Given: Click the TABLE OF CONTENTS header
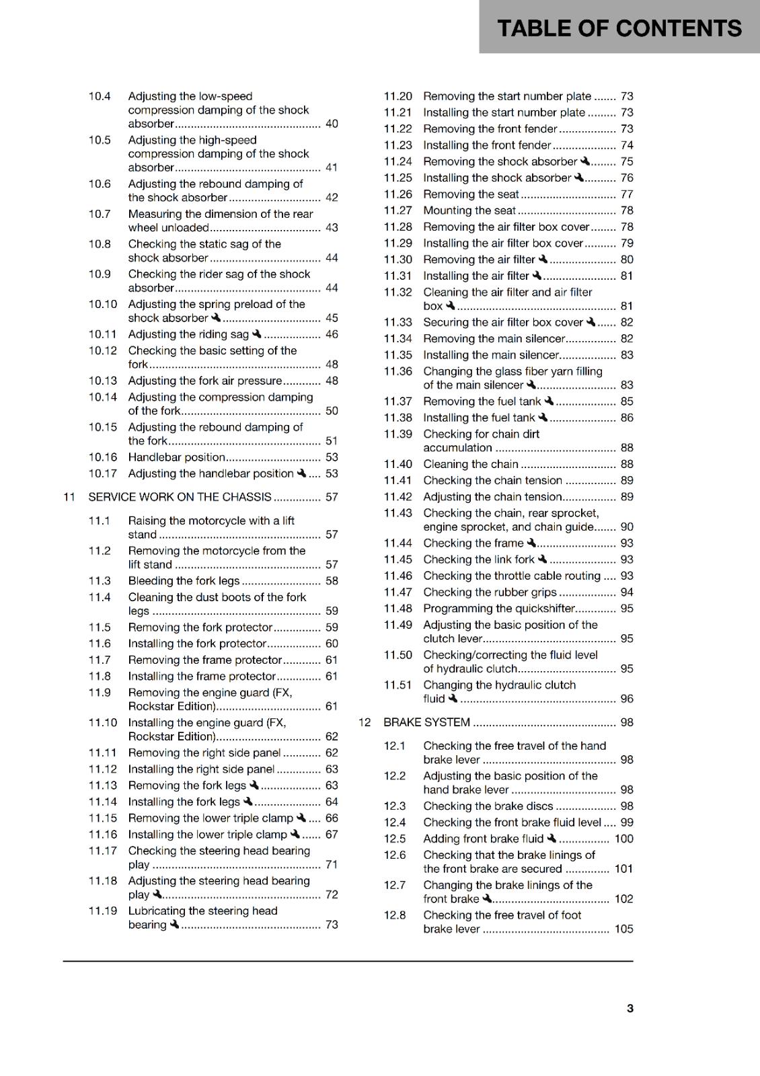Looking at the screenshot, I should tap(619, 28).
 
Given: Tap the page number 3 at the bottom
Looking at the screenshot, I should tap(630, 1008).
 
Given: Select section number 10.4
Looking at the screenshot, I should tap(100, 96).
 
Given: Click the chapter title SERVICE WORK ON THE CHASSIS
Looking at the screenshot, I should tap(180, 497).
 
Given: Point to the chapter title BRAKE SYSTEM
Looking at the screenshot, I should tap(426, 722).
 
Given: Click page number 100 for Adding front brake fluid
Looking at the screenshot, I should tap(623, 839).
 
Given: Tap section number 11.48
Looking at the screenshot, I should tap(397, 609).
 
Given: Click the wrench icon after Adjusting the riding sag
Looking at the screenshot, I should tap(256, 334).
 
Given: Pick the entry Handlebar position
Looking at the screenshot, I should tap(176, 457).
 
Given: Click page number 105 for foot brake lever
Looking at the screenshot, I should tap(623, 929).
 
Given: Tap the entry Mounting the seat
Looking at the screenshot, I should tap(469, 210).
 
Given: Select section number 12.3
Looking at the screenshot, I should tap(395, 806).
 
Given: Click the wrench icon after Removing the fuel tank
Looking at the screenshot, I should tap(549, 401).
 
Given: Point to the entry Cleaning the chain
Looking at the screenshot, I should tap(470, 464).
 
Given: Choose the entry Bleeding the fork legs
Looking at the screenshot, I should tap(184, 581).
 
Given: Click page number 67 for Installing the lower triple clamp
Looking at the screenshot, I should tap(332, 835).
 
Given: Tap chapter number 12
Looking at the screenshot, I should tap(365, 722).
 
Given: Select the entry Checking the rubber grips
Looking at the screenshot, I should tap(490, 592).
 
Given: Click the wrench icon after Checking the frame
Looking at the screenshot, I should tap(531, 543).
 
